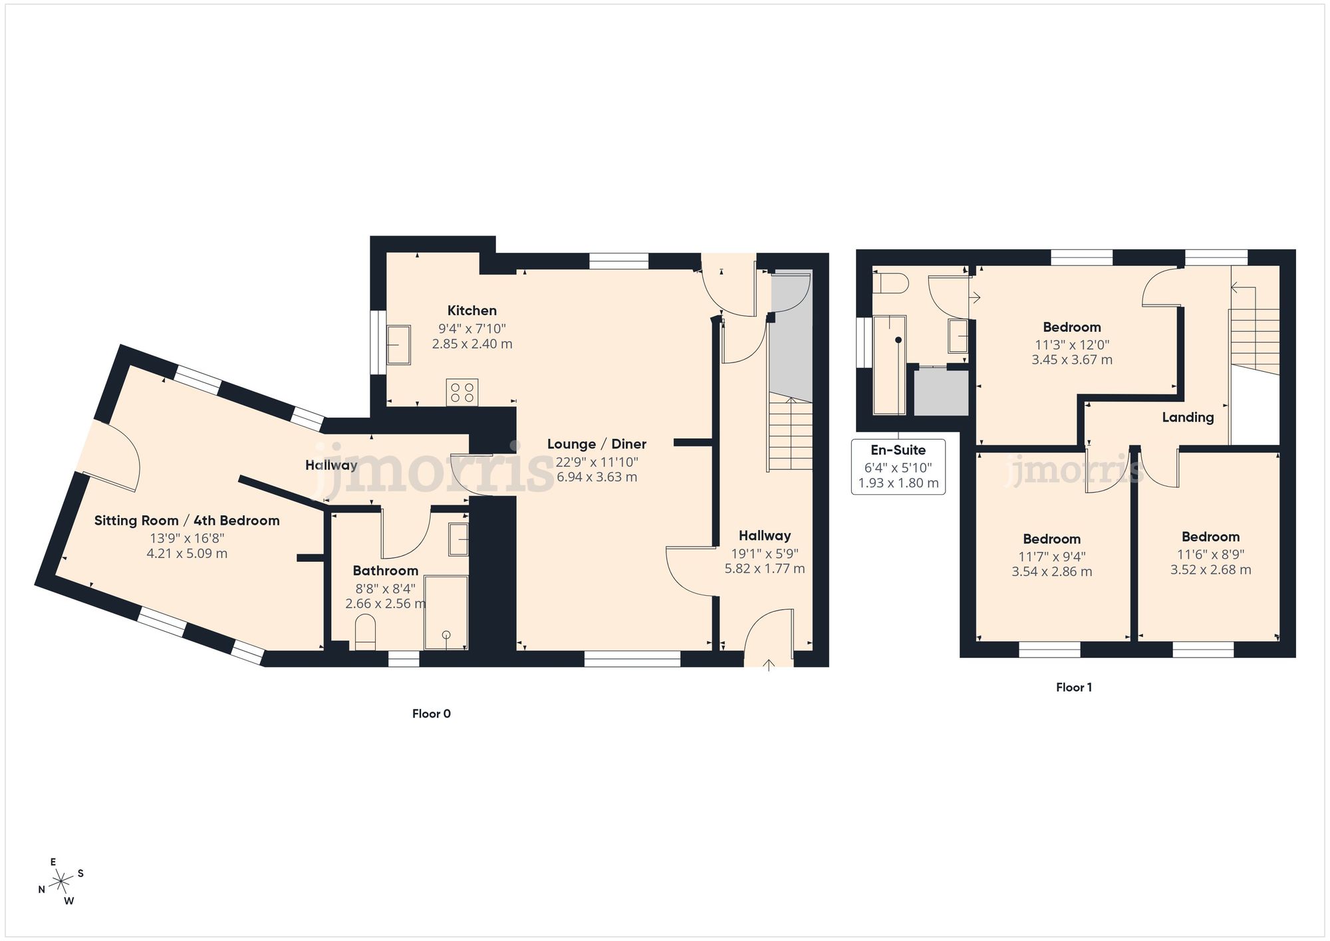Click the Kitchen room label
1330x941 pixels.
click(x=471, y=311)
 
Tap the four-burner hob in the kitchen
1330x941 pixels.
click(x=462, y=392)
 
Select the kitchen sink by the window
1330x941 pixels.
click(x=398, y=344)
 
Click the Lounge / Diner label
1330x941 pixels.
click(x=597, y=444)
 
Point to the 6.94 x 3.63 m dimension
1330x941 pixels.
click(x=597, y=477)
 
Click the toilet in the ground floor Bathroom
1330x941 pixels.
click(x=366, y=632)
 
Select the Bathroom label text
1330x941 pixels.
click(x=385, y=571)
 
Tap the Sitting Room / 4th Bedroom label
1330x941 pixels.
click(x=187, y=521)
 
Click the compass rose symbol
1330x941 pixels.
click(x=61, y=882)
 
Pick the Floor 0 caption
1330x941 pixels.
click(x=431, y=714)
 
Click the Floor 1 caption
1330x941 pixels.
click(x=1074, y=688)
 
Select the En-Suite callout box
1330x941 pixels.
click(x=898, y=466)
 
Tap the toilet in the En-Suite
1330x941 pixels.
click(x=891, y=284)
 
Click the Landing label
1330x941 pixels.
click(x=1188, y=418)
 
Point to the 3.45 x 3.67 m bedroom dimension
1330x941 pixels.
click(x=1071, y=360)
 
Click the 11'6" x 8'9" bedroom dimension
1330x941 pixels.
click(x=1210, y=554)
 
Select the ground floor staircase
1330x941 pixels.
click(x=791, y=432)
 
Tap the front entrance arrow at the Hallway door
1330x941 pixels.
click(x=769, y=664)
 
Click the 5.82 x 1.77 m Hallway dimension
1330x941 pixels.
click(x=764, y=569)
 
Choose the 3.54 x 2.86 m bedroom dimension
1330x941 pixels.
click(x=1051, y=571)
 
